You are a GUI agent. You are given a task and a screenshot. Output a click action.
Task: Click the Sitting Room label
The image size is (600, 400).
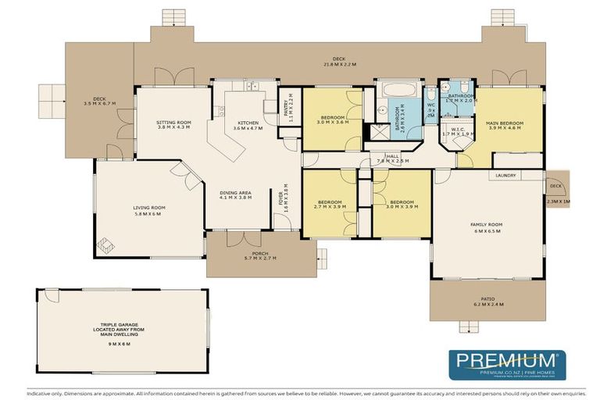point(173,123)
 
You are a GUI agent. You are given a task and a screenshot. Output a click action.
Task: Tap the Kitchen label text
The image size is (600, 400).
point(248,123)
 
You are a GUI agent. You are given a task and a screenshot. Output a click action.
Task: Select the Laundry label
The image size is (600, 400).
point(505,176)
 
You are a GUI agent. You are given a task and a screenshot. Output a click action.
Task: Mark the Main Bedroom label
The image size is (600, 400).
point(504,123)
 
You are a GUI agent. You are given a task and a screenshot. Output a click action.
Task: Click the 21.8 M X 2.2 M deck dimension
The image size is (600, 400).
point(338,64)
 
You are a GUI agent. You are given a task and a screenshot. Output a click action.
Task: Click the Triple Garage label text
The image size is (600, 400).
point(122,329)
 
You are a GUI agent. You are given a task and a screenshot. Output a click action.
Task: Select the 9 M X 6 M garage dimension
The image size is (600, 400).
point(122,343)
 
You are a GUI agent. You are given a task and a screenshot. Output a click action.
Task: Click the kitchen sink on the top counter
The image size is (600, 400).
point(252,86)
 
